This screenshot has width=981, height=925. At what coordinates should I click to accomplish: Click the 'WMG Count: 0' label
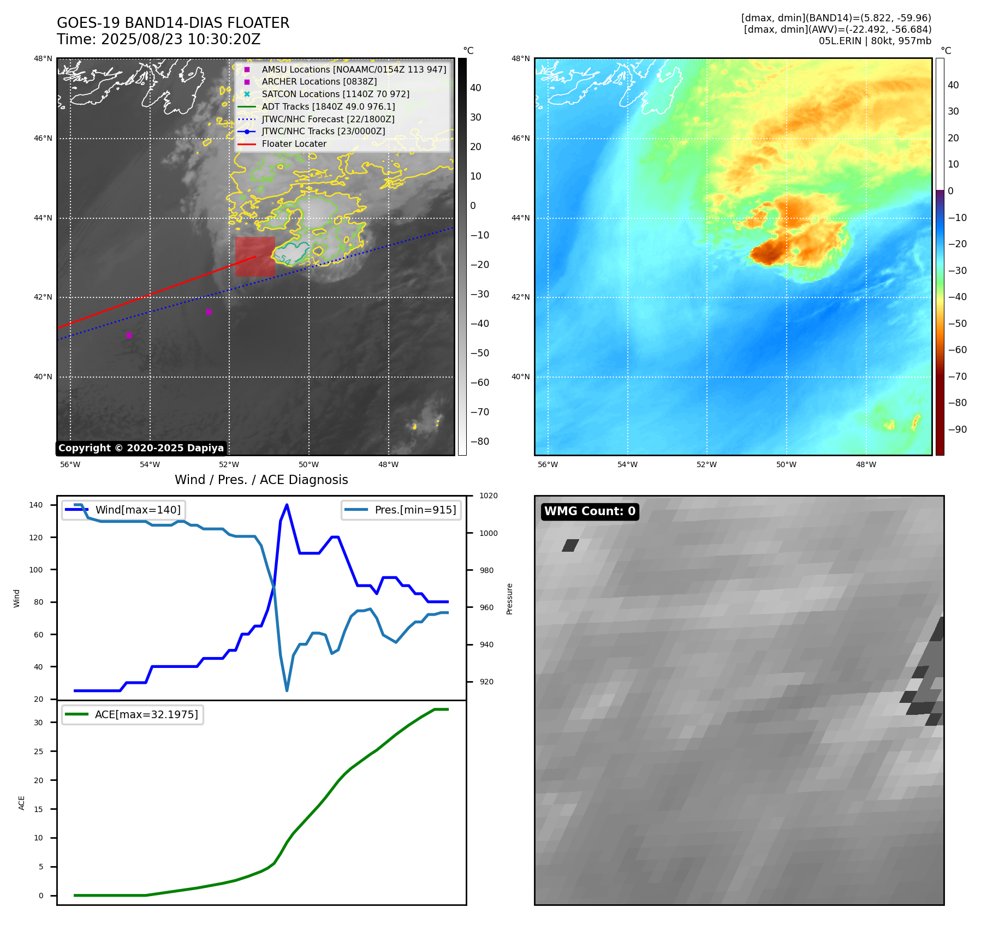590,511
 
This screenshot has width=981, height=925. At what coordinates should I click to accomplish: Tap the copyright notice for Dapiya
141,448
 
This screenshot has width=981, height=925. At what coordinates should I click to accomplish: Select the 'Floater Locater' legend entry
294,144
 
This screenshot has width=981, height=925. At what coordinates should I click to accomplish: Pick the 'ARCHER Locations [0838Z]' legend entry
319,82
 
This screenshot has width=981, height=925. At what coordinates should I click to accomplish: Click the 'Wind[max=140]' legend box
124,510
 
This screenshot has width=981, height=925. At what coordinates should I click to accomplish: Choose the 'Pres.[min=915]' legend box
401,510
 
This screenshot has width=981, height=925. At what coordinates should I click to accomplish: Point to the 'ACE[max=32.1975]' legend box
133,715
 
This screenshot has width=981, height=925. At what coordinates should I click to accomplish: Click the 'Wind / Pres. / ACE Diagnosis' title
261,480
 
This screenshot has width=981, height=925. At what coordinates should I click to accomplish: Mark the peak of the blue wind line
287,505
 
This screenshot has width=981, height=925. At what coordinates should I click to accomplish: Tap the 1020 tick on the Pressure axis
488,496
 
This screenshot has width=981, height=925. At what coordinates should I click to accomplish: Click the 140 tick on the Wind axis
36,505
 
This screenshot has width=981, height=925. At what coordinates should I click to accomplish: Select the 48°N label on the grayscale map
43,59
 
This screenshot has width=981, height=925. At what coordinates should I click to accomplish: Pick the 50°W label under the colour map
786,465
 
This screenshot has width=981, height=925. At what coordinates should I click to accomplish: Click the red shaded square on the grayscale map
255,256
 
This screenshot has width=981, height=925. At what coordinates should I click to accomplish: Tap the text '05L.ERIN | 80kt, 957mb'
875,41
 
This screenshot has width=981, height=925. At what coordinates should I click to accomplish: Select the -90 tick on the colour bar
957,429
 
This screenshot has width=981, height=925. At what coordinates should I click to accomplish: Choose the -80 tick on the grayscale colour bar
480,441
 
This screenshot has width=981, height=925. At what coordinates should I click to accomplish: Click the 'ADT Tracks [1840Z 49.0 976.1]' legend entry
328,107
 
